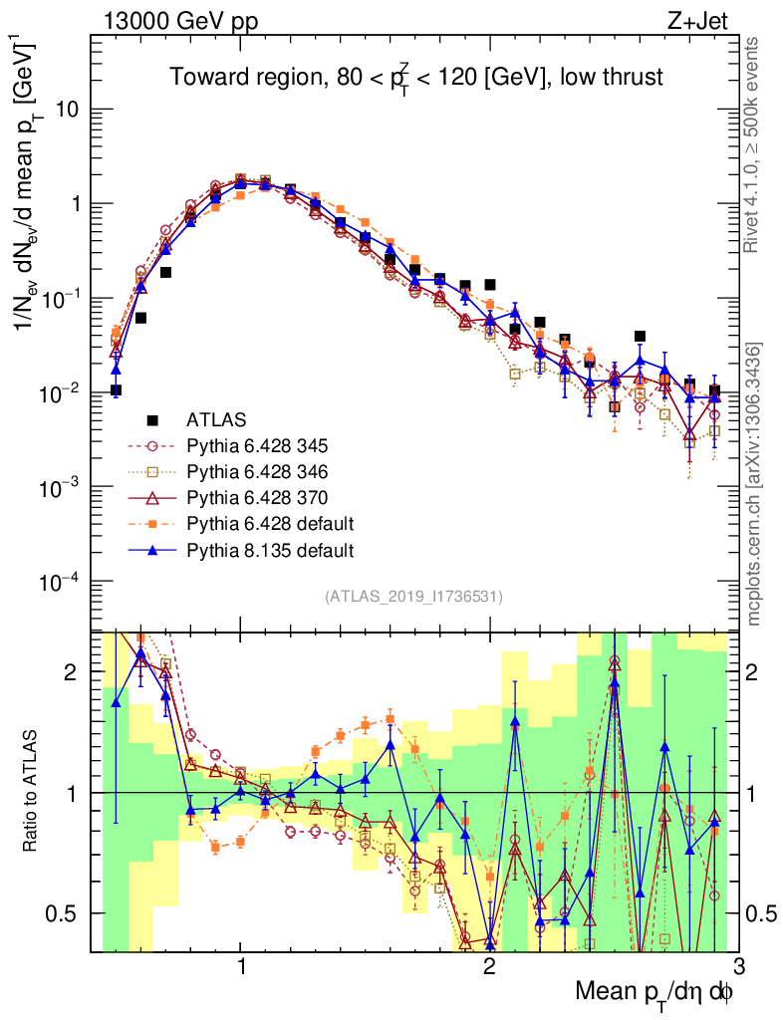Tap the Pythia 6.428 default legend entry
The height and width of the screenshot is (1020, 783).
click(255, 524)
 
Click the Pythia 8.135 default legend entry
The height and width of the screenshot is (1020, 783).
click(255, 550)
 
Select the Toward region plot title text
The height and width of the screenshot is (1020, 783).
click(415, 78)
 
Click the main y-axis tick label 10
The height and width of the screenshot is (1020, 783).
click(68, 110)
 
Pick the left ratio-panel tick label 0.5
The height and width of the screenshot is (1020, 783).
click(66, 913)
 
